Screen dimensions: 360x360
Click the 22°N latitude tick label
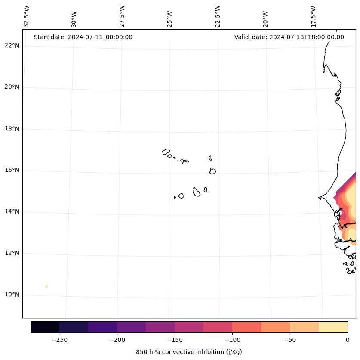pyautogui.click(x=12, y=46)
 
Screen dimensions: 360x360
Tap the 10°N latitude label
pyautogui.click(x=12, y=295)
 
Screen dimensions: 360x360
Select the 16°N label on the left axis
pyautogui.click(x=12, y=170)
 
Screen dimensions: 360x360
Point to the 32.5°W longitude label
pyautogui.click(x=27, y=16)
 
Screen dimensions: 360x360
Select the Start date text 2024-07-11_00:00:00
pyautogui.click(x=83, y=37)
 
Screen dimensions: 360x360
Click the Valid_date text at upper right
pyautogui.click(x=289, y=37)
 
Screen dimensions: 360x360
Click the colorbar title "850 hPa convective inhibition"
pyautogui.click(x=189, y=352)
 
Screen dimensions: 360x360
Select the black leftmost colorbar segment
pyautogui.click(x=45, y=327)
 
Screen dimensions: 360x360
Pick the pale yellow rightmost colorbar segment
pyautogui.click(x=333, y=327)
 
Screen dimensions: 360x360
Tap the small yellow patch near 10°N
pyautogui.click(x=46, y=286)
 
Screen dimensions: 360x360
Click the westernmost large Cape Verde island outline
pyautogui.click(x=166, y=152)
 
